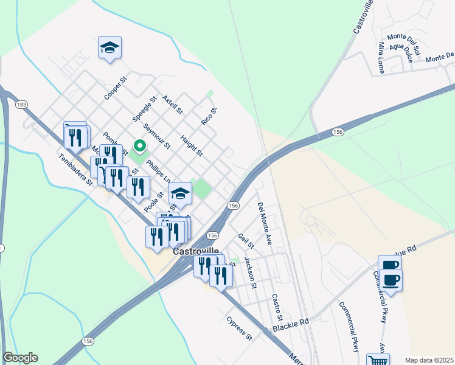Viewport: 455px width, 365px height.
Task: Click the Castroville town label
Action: tap(196, 251)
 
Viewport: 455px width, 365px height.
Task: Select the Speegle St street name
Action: tap(145, 106)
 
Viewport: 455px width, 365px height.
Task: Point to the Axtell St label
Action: tap(173, 103)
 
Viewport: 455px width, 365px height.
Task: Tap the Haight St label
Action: tap(191, 146)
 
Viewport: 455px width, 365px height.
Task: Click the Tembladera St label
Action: tap(75, 169)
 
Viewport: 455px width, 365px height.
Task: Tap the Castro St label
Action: tap(277, 308)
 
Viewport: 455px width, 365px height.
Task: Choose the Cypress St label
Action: tap(238, 327)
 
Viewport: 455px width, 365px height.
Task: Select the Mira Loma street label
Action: tap(381, 57)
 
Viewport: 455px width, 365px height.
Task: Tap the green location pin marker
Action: tap(139, 147)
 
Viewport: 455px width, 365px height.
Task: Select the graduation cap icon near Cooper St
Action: tap(109, 47)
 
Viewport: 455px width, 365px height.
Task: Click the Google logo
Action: tap(20, 358)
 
